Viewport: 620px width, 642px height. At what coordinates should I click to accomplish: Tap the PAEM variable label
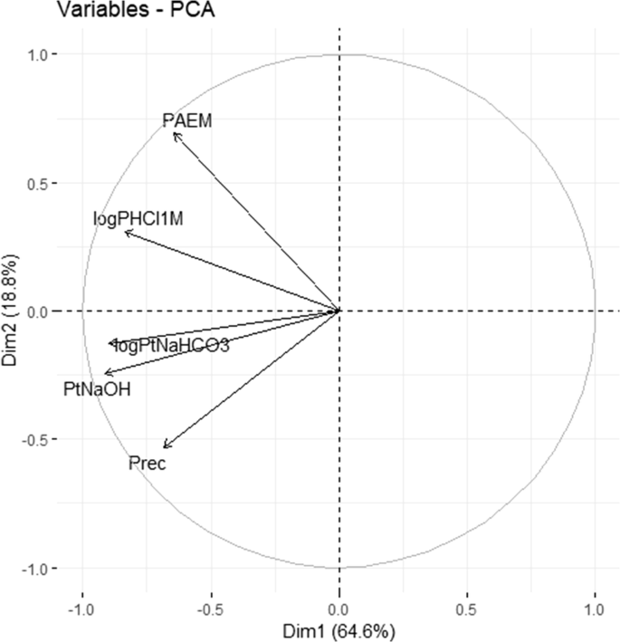point(187,120)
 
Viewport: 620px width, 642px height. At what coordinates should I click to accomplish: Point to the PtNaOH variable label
point(97,389)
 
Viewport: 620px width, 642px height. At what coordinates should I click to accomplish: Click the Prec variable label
point(147,463)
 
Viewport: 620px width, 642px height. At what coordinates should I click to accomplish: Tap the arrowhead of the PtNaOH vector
point(104,374)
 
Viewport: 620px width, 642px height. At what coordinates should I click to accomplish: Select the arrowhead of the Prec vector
point(163,447)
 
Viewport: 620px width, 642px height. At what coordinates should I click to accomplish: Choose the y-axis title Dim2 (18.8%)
point(12,311)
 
